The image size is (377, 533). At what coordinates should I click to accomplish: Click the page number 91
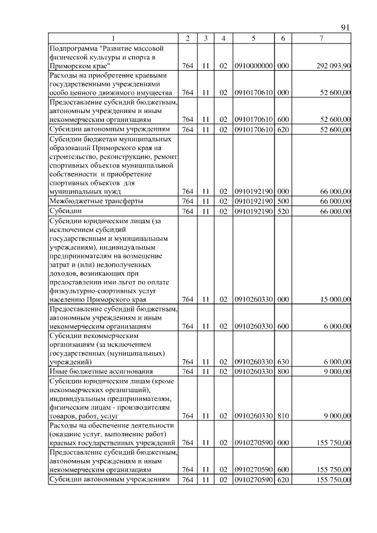[x=346, y=28]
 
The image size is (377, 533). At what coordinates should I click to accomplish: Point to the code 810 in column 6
[x=283, y=416]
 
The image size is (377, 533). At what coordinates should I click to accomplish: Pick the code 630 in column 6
[x=283, y=361]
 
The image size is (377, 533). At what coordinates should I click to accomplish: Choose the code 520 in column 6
[x=283, y=211]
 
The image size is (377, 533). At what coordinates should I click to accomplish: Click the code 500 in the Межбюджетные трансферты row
[x=283, y=201]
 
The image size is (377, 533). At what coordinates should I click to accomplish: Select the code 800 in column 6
[x=283, y=371]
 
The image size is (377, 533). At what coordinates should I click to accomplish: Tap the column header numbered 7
[x=321, y=38]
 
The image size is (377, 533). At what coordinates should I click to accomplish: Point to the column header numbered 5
[x=253, y=38]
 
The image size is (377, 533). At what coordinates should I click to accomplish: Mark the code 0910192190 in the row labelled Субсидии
[x=253, y=211]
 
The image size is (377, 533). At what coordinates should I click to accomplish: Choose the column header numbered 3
[x=206, y=38]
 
